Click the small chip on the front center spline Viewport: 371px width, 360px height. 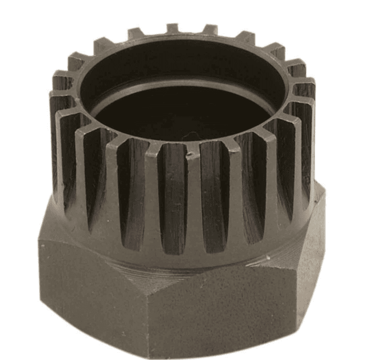[x=190, y=152]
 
